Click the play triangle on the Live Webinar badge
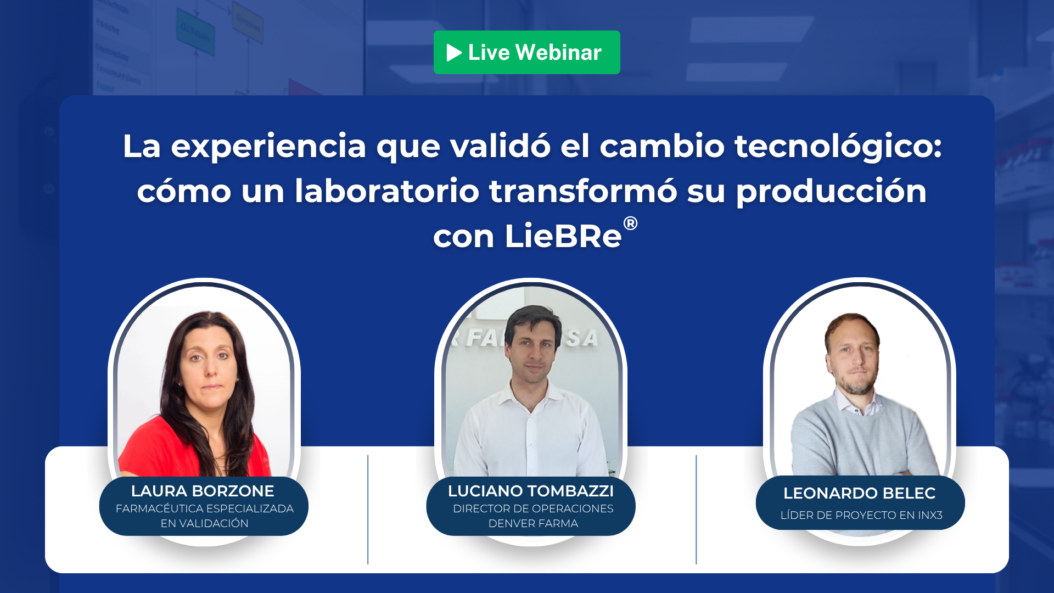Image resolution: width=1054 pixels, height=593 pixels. [454, 53]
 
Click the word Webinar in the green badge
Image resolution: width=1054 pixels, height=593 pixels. [559, 52]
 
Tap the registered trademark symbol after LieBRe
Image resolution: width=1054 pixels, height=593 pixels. [630, 223]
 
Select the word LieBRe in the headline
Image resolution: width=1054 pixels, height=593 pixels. [563, 236]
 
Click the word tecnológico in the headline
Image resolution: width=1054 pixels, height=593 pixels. [838, 147]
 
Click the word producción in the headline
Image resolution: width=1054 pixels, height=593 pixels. [831, 192]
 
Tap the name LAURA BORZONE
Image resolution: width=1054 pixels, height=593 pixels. [203, 491]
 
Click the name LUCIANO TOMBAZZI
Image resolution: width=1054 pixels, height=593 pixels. [531, 491]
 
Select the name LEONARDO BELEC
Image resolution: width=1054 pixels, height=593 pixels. [860, 493]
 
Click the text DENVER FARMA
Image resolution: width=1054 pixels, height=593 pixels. [533, 523]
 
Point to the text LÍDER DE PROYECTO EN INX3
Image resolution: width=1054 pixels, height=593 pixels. [861, 515]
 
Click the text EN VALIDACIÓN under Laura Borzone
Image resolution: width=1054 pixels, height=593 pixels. [204, 523]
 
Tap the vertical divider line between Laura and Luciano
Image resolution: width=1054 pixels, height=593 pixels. [368, 510]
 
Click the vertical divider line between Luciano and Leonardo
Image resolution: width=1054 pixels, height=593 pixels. [696, 510]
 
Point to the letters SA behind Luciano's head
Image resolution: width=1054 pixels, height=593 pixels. [581, 338]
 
